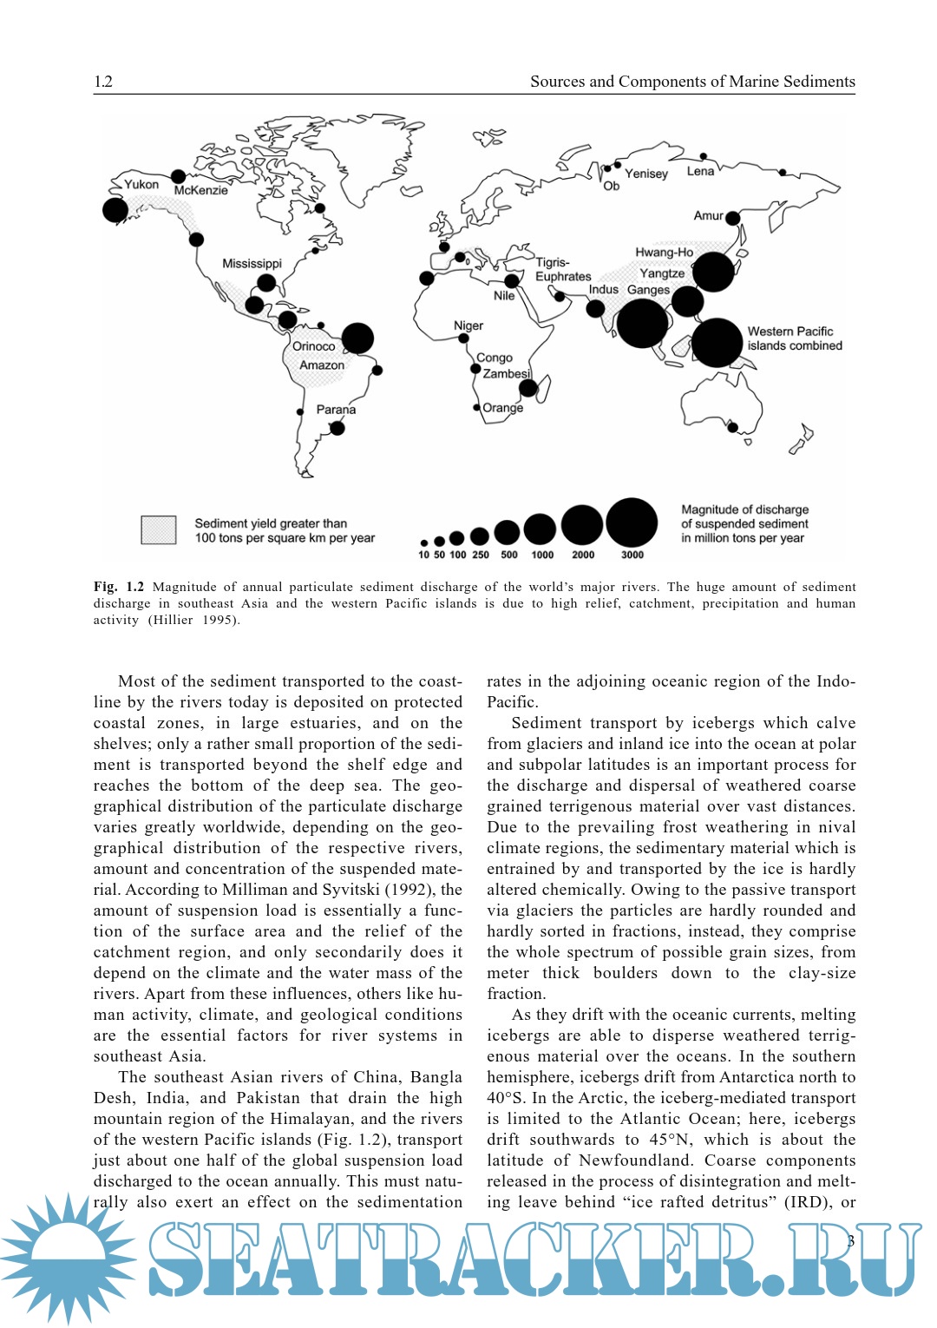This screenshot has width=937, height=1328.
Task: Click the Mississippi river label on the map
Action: (252, 263)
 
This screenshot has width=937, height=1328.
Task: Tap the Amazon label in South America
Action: (322, 365)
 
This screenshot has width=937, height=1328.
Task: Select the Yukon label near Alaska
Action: (141, 184)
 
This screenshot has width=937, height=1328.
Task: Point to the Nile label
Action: (504, 296)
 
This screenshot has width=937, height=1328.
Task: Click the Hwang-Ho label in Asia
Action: (664, 253)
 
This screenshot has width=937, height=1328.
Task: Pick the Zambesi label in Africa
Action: (506, 374)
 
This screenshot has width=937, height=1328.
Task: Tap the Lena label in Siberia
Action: (700, 171)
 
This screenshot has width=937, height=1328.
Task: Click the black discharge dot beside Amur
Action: (733, 218)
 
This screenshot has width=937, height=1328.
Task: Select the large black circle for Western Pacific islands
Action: (717, 343)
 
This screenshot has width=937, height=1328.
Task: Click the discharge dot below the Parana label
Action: (337, 427)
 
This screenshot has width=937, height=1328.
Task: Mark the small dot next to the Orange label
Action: (476, 407)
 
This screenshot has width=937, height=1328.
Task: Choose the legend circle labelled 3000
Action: (632, 523)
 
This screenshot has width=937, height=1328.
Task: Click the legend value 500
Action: (509, 555)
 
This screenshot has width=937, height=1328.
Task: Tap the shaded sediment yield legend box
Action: (159, 529)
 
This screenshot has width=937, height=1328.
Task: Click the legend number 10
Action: (423, 555)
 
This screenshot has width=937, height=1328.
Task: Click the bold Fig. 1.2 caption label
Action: (119, 587)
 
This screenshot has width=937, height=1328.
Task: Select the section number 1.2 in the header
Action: (103, 82)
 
